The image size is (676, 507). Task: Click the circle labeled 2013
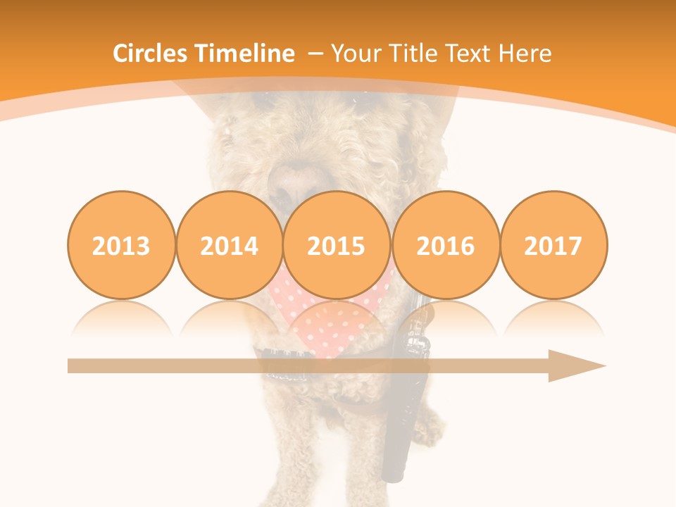[x=121, y=245]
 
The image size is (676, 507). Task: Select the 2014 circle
[x=230, y=245]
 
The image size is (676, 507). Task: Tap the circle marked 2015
[x=337, y=245]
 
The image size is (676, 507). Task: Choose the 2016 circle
[x=445, y=245]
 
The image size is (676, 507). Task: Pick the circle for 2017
[x=553, y=245]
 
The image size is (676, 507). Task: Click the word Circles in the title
[x=151, y=54]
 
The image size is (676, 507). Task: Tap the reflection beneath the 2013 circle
[x=121, y=317]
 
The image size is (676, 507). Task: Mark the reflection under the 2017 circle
[x=553, y=317]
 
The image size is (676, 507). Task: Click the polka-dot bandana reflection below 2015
[x=337, y=320]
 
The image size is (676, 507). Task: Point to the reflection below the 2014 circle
[x=230, y=317]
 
